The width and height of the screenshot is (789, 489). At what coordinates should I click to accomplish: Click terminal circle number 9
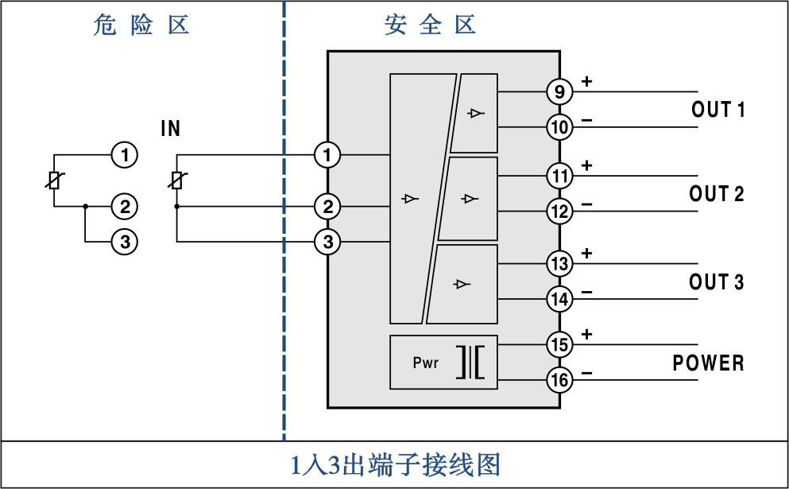tap(559, 92)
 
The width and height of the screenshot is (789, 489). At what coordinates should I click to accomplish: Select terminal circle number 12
tap(559, 212)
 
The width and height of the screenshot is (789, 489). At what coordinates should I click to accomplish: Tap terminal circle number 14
tap(559, 299)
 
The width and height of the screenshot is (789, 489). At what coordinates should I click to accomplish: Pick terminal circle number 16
tap(559, 380)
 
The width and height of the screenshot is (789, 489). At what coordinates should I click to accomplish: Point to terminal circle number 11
tap(559, 176)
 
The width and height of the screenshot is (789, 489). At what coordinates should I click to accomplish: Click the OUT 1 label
tap(717, 111)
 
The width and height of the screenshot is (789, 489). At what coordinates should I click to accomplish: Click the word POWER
tap(708, 363)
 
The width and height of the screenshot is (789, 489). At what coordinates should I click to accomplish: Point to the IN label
tap(171, 129)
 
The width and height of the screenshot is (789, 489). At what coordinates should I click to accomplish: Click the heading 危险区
tap(141, 25)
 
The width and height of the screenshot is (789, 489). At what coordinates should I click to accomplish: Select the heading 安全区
tap(430, 25)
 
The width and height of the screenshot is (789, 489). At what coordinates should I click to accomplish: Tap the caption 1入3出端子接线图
tap(394, 464)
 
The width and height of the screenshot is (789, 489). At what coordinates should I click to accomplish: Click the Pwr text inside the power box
tap(426, 363)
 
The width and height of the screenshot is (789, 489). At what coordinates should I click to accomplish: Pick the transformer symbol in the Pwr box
tap(471, 363)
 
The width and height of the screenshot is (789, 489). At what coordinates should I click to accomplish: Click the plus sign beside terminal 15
tap(587, 335)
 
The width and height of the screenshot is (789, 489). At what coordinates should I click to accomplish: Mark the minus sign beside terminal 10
tap(587, 121)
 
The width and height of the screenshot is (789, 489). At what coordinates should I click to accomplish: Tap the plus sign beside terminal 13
tap(587, 254)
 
